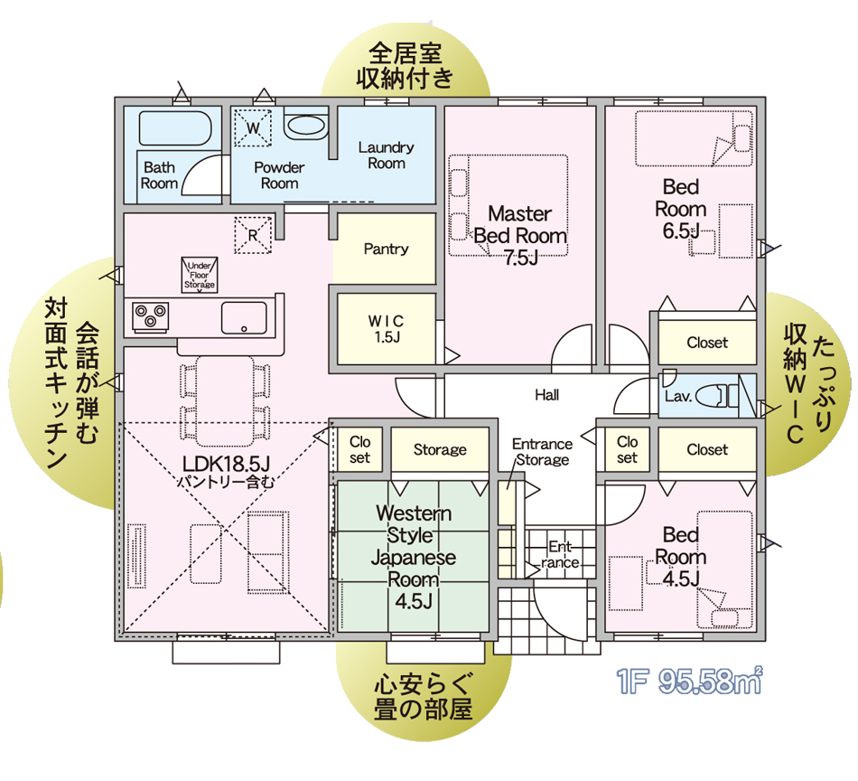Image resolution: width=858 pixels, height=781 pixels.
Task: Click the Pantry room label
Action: [x=386, y=249]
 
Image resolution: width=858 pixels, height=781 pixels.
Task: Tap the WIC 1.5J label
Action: [x=387, y=329]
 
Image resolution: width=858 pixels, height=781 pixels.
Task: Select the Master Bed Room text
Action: [x=520, y=224]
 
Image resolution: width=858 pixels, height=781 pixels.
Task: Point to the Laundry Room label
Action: [x=387, y=155]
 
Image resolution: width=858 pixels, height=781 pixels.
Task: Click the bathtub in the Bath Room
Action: [x=175, y=128]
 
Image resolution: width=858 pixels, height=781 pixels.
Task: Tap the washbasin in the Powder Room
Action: [x=306, y=127]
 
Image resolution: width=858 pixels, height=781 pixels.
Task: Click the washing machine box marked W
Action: [x=253, y=127]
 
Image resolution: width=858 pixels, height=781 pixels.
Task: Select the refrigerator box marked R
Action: [x=253, y=235]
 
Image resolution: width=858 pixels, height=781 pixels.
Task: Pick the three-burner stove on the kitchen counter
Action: [x=151, y=317]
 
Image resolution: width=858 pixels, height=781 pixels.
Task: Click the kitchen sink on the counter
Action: [x=244, y=317]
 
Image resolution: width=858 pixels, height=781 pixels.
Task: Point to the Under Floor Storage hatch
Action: [x=200, y=275]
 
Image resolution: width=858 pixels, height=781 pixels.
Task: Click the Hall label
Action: [x=547, y=395]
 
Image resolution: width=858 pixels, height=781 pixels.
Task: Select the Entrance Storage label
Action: [x=542, y=452]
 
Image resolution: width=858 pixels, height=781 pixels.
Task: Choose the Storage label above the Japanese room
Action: [x=440, y=449]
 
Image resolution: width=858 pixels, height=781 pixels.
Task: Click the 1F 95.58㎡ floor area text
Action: [x=689, y=681]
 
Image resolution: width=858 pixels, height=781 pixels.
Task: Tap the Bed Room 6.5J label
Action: [x=681, y=209]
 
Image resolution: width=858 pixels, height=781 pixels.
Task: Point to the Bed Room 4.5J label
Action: [x=681, y=557]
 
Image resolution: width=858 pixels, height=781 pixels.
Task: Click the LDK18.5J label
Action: [x=226, y=464]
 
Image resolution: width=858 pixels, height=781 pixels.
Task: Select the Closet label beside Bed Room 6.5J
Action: [x=707, y=343]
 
